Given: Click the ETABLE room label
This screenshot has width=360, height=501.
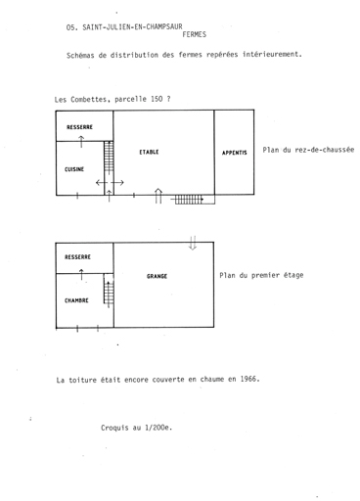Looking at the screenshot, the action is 149,152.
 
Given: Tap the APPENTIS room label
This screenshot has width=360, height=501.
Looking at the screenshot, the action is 234,153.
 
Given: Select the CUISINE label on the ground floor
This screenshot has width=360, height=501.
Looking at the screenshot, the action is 74,169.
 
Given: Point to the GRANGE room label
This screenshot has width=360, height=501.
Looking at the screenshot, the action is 157,276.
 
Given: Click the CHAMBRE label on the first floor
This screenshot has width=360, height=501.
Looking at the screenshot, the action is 76,300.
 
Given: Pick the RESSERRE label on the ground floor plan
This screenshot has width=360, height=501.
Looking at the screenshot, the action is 79,127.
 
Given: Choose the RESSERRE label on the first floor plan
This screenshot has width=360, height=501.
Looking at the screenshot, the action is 77,257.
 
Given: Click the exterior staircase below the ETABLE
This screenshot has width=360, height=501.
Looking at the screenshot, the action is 189,200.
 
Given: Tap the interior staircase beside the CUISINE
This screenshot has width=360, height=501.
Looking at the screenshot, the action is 109,158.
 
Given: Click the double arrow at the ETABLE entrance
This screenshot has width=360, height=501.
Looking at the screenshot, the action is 158,196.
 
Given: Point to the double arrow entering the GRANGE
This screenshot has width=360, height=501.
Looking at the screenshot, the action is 193,243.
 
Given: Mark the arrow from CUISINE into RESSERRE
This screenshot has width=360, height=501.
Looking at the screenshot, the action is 81,142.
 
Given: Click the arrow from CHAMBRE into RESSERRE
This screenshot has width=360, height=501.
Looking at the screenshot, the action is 81,275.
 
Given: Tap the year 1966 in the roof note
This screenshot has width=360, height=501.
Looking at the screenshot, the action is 249,379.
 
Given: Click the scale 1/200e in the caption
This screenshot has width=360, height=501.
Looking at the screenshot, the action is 158,428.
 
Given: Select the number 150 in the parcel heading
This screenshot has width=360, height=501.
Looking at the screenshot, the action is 157,99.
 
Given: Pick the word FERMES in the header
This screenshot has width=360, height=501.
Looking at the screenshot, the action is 195,34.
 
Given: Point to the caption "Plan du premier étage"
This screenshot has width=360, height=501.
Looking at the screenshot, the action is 261,275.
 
